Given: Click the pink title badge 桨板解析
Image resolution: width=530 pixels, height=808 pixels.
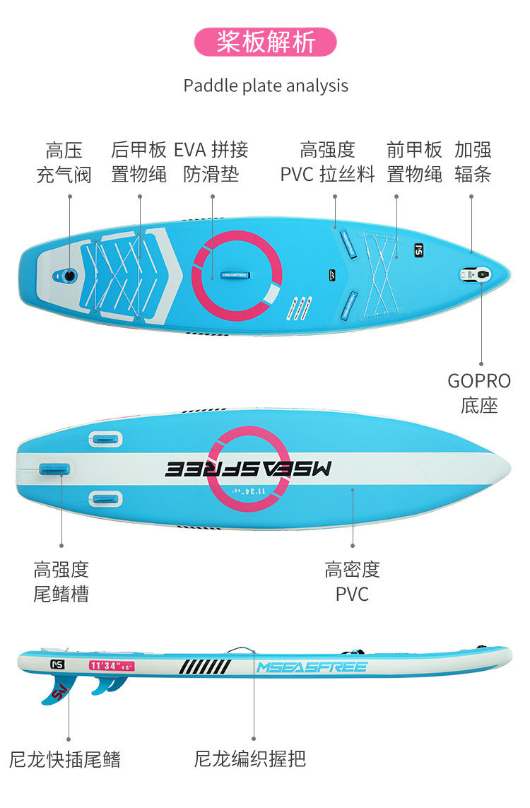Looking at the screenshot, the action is click(266, 42).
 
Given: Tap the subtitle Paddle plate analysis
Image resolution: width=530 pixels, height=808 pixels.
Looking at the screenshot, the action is click(266, 86).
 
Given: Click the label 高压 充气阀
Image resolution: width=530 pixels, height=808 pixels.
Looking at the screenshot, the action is click(64, 162).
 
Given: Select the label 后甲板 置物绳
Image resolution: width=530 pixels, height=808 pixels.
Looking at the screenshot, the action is click(139, 162).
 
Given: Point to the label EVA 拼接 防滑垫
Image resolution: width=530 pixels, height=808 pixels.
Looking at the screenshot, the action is click(211, 162).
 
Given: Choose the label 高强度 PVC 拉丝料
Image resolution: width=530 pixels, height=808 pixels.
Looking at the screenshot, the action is click(327, 162).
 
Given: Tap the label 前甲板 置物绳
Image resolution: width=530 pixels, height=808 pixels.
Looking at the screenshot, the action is click(415, 162).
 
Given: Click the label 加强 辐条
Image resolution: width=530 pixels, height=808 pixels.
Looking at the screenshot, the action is click(473, 162).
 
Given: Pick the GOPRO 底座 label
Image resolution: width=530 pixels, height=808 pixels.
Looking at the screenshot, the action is click(479, 393).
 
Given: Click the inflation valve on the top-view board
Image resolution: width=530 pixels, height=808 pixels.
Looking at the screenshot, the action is click(69, 274).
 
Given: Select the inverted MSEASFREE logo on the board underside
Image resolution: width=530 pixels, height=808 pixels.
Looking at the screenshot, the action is click(248, 469).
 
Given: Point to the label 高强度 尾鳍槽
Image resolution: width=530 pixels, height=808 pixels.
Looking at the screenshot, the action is click(61, 582).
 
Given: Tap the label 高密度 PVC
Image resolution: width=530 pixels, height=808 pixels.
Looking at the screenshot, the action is click(352, 582).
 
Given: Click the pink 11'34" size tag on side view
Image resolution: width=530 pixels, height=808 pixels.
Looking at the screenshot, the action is click(112, 665).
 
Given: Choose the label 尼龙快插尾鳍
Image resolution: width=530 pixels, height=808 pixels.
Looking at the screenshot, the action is click(65, 760).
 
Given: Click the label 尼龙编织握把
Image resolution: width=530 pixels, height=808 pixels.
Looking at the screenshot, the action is click(250, 760).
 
